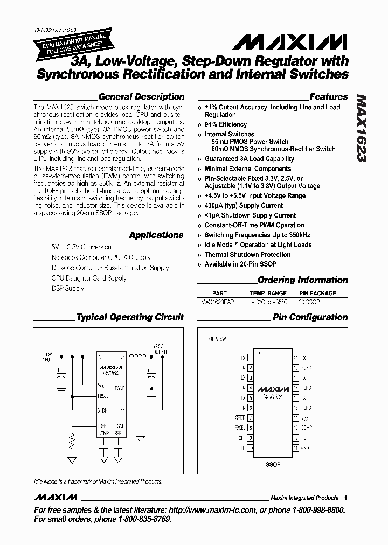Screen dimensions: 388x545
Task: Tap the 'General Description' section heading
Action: tap(141, 97)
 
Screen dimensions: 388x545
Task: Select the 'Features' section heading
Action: tap(329, 97)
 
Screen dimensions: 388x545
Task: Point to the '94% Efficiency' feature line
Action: tap(225, 124)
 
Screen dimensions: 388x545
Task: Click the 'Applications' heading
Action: tap(156, 235)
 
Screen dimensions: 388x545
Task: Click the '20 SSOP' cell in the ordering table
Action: tap(309, 302)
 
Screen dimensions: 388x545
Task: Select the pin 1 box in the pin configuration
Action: tap(251, 357)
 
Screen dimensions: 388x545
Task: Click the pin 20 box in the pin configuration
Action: tap(295, 357)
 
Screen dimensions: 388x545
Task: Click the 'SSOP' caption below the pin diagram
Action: tap(273, 464)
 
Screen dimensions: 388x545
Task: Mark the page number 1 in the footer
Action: tap(345, 498)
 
